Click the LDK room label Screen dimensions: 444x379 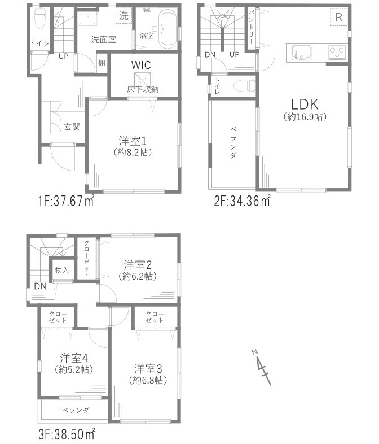point(305,104)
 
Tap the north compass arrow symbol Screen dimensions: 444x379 point(261,367)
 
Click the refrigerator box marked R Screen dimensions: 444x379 point(338,18)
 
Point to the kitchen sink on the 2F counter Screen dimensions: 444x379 point(299,54)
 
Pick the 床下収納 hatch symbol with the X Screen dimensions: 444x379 point(141,79)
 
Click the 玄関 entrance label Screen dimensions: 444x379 point(72,127)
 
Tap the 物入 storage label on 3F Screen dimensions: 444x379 point(62,271)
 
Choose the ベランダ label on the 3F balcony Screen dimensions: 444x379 point(73,410)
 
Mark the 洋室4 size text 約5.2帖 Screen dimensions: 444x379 point(74,369)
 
